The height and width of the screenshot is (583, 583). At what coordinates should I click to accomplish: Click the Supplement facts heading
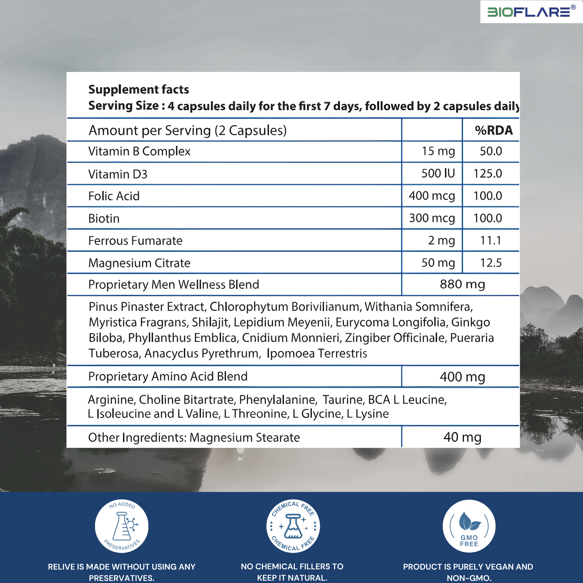[138, 89]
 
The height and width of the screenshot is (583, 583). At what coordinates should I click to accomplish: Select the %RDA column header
[494, 130]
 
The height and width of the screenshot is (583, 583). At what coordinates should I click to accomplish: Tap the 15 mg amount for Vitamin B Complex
[438, 151]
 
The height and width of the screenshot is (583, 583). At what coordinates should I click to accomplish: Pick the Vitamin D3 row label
[118, 174]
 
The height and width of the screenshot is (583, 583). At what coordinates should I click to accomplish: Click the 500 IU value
[438, 173]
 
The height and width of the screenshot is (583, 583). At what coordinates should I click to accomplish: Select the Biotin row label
[104, 218]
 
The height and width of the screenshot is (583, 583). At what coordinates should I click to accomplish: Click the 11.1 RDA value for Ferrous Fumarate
[491, 240]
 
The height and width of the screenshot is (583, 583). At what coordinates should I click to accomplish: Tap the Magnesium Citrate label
[139, 263]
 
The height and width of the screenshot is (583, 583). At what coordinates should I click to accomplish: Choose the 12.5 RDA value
[491, 263]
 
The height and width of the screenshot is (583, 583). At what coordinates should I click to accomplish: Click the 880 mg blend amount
[462, 285]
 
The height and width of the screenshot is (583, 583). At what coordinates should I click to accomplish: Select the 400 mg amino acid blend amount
[462, 377]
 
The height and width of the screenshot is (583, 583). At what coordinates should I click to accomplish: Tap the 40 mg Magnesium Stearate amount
[462, 437]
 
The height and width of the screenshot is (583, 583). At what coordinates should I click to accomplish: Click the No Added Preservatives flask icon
[122, 526]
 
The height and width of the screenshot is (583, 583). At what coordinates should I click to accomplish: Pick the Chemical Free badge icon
[293, 526]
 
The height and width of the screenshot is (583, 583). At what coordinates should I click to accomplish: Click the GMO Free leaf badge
[469, 526]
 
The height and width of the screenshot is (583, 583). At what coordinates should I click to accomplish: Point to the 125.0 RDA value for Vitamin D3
[488, 173]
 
